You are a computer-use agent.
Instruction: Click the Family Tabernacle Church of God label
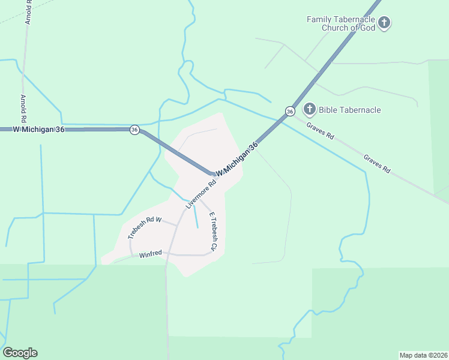pos(340,23)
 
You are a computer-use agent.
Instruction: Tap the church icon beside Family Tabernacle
pos(385,23)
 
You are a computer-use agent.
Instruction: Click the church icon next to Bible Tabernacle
pos(309,109)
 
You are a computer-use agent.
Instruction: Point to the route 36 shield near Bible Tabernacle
pos(290,112)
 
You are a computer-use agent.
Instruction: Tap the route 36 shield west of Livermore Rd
pos(134,130)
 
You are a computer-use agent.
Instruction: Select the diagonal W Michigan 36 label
pos(237,159)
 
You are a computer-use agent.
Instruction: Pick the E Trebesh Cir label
pos(212,231)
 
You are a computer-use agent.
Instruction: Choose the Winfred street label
pos(151,254)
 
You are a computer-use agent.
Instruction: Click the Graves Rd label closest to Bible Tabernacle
pos(320,131)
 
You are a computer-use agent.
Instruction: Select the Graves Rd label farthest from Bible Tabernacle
pos(377,164)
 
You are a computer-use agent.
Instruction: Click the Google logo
pos(20,353)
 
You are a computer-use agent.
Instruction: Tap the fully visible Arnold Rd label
pos(23,109)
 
